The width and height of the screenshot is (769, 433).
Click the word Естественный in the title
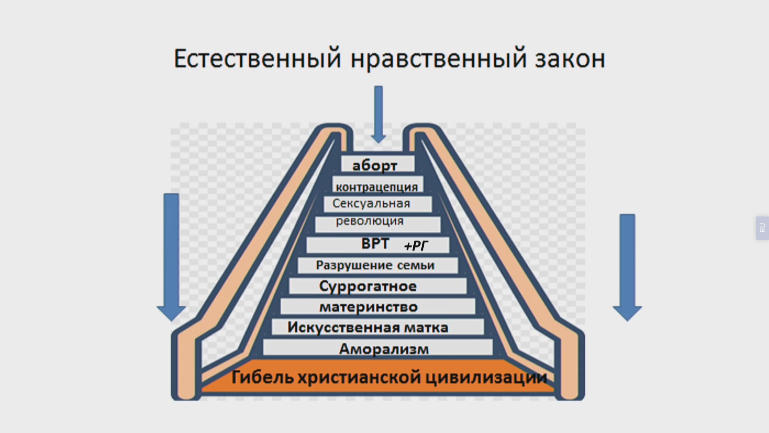pos(257,59)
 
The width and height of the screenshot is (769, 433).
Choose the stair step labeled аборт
pos(378,164)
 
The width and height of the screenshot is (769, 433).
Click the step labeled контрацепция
pos(378,185)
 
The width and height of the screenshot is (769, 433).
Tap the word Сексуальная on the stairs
pos(371,204)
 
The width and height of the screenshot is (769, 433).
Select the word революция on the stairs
pos(370,221)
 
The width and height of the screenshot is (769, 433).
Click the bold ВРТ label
pos(375,243)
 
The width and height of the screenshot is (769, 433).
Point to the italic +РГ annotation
pos(416,246)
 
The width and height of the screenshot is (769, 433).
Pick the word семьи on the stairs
pos(416,265)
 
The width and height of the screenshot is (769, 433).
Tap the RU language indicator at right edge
pos(762,228)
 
